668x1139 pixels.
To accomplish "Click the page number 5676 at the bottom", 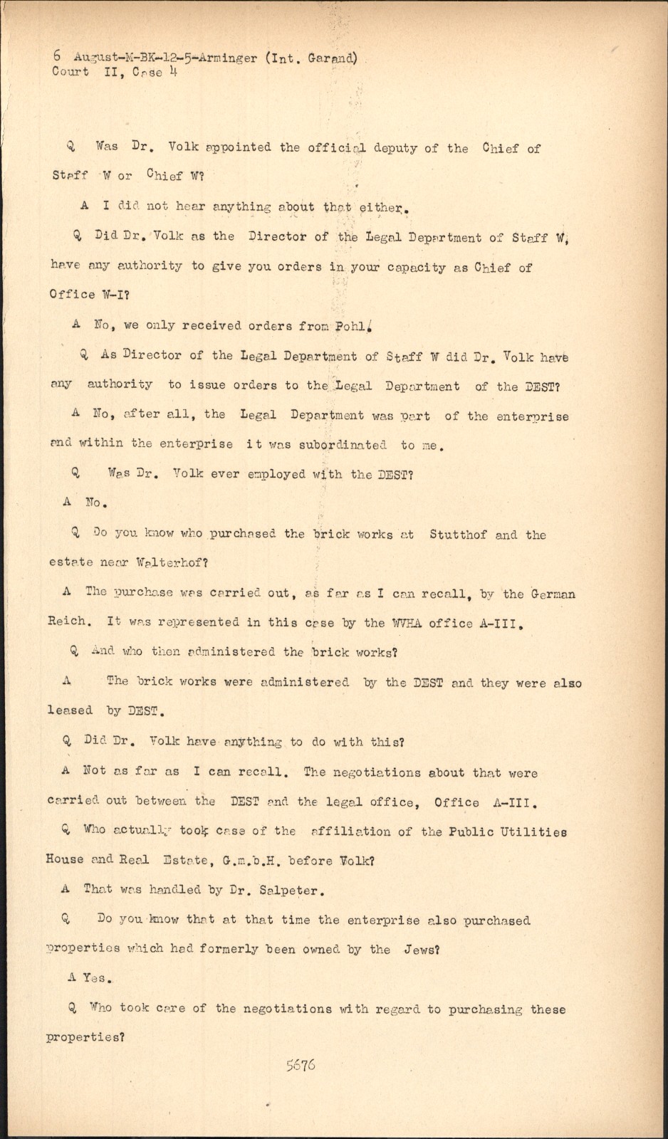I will pyautogui.click(x=301, y=1066).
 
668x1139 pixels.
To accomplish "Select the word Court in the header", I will pyautogui.click(x=71, y=72).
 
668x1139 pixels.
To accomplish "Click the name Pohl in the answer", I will pyautogui.click(x=354, y=326).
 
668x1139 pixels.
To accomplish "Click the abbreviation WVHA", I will pyautogui.click(x=406, y=623).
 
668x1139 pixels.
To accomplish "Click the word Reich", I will pyautogui.click(x=69, y=621).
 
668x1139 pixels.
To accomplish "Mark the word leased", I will pyautogui.click(x=71, y=710).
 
